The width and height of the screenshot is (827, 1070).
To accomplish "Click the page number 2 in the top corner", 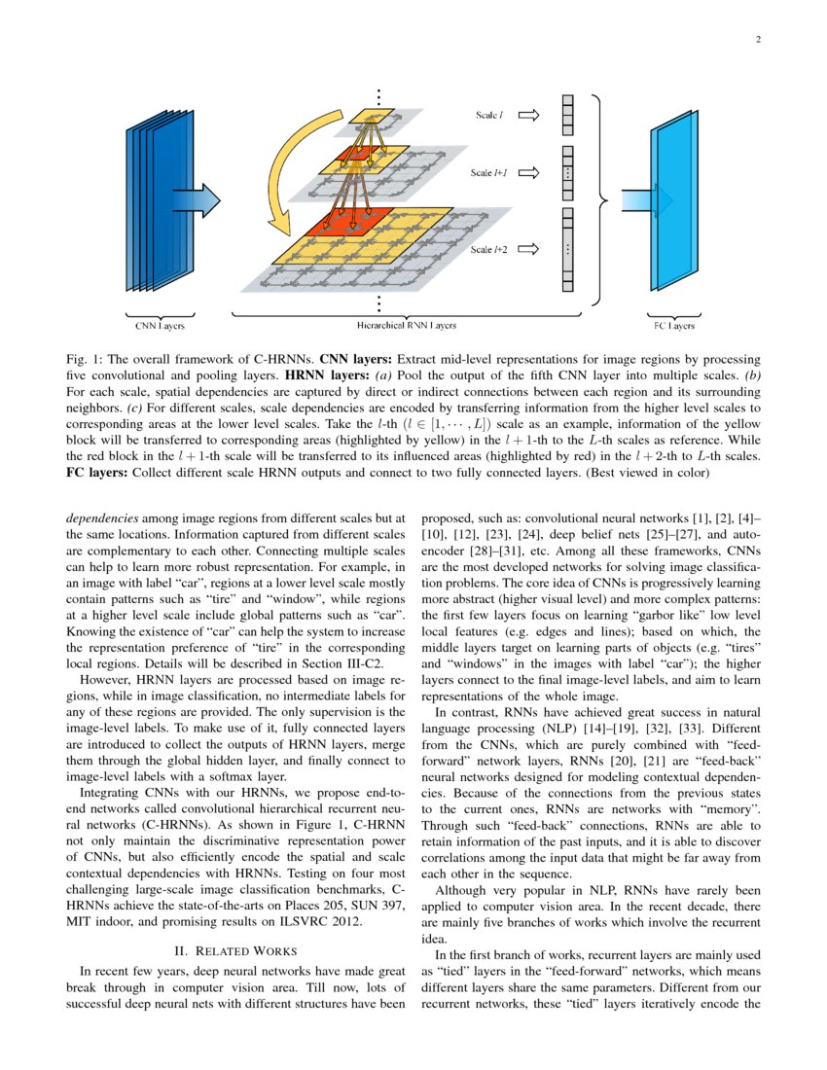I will (x=757, y=40).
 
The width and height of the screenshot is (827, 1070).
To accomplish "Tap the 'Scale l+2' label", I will (x=488, y=250).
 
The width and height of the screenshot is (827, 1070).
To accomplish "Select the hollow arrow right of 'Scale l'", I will (x=530, y=115).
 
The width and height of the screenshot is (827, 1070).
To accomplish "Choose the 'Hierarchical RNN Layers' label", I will (x=406, y=324).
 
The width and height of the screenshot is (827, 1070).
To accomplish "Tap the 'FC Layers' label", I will (x=671, y=324).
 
